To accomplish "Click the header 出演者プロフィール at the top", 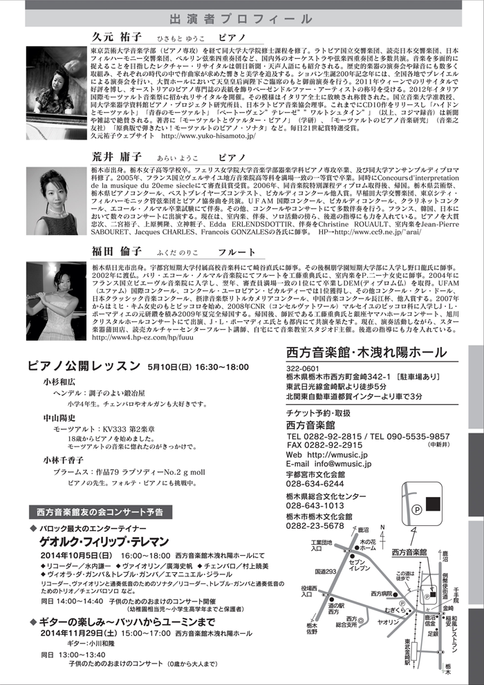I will click(241, 19).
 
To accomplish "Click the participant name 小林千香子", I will click(64, 460).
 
